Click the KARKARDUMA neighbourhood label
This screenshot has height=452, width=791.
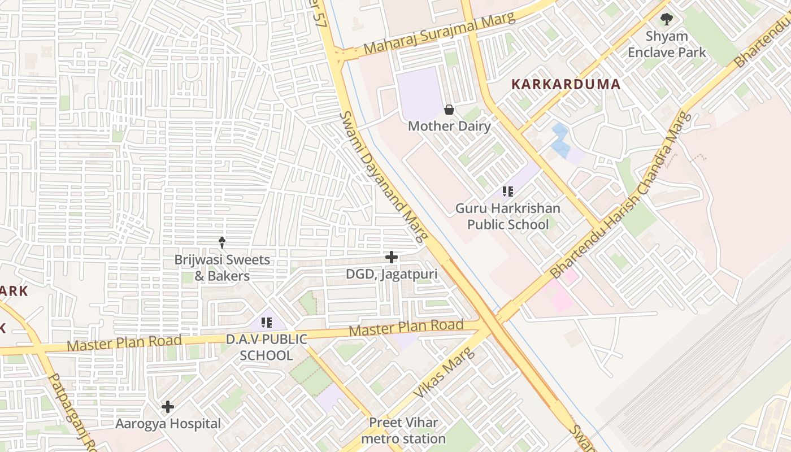(566, 85)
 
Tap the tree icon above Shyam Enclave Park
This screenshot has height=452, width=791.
(667, 19)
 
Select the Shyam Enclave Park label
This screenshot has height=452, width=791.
(667, 44)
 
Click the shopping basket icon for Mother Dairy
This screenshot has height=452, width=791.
(449, 109)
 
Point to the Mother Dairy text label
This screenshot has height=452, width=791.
(449, 126)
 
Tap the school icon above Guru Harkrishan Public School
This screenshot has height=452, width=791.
(507, 192)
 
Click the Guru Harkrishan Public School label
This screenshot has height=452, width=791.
(507, 216)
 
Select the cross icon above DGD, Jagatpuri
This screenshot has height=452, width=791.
(391, 257)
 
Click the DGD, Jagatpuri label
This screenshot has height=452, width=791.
(391, 274)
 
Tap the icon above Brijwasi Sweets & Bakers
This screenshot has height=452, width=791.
(222, 243)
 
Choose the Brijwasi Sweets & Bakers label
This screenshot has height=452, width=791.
(222, 268)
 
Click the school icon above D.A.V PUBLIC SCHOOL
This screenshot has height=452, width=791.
(267, 323)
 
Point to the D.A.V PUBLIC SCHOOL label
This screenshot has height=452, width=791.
(267, 347)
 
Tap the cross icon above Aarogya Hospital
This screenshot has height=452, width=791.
(168, 406)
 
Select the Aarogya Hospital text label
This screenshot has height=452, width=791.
(168, 423)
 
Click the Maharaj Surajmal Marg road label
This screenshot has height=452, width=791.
(440, 34)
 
